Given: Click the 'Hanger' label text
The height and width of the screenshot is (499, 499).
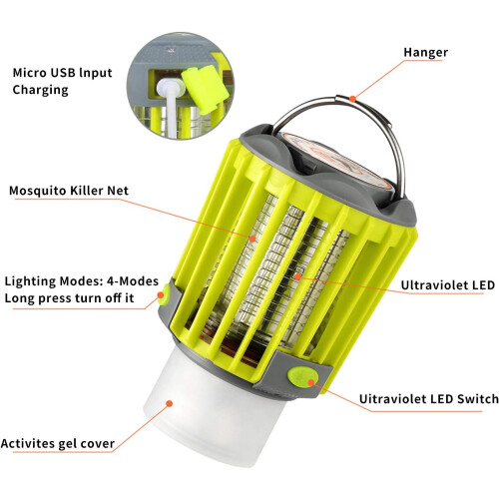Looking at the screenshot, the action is click(x=425, y=53).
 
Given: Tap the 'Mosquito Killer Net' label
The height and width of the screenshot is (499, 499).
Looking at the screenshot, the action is click(x=69, y=191).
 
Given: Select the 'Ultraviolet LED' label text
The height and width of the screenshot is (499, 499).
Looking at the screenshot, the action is click(x=448, y=285).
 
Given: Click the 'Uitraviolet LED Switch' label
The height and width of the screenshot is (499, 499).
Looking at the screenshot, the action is click(x=429, y=399).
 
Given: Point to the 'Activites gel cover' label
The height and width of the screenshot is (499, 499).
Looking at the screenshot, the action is click(x=58, y=443).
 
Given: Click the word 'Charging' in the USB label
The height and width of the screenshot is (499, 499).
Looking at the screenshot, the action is click(x=40, y=90).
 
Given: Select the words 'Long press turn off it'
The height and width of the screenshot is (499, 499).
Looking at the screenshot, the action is click(x=69, y=298).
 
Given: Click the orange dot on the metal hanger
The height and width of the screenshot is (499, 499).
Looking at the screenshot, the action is click(x=352, y=99).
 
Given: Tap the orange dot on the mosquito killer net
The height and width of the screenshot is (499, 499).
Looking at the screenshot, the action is click(x=252, y=239).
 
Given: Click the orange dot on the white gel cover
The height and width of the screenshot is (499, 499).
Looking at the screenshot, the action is click(x=170, y=403).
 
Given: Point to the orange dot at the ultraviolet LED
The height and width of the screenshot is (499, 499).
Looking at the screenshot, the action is click(x=297, y=276).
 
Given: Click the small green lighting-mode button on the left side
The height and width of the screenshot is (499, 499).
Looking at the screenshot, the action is click(x=164, y=294).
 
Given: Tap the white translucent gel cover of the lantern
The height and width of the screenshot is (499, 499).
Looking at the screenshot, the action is click(x=213, y=409).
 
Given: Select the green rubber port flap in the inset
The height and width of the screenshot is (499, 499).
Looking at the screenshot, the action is click(x=204, y=88).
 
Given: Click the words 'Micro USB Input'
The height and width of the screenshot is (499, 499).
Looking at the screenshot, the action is click(x=62, y=73).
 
